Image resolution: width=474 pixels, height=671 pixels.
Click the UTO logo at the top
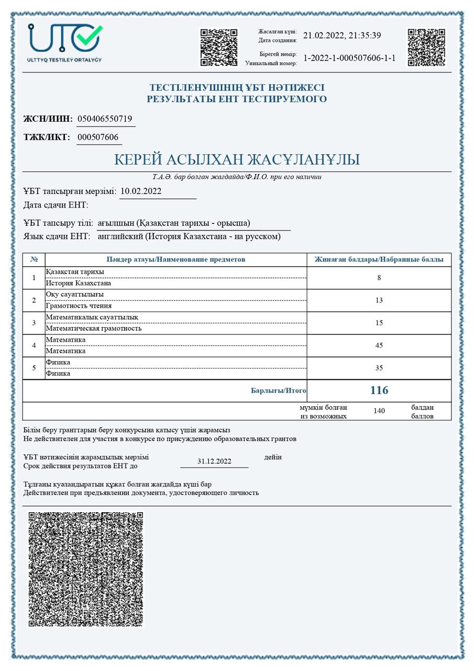pyautogui.click(x=65, y=42)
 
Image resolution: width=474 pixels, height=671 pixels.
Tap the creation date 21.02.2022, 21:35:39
pyautogui.click(x=341, y=36)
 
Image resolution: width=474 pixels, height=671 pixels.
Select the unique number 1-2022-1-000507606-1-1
pyautogui.click(x=349, y=58)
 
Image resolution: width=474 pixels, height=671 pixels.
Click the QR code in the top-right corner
pyautogui.click(x=426, y=47)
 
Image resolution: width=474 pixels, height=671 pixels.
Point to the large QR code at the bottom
pyautogui.click(x=86, y=569)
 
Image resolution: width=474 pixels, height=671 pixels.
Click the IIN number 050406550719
pyautogui.click(x=105, y=119)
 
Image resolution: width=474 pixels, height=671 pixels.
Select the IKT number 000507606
pyautogui.click(x=98, y=137)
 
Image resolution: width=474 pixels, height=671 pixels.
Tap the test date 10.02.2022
pyautogui.click(x=141, y=191)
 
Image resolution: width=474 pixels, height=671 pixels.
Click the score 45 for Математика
pyautogui.click(x=379, y=345)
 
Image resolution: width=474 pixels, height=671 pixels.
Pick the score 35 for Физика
pyautogui.click(x=379, y=368)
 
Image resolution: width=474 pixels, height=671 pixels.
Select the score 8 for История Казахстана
pyautogui.click(x=379, y=278)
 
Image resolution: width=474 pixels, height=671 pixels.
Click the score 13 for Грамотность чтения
pyautogui.click(x=379, y=300)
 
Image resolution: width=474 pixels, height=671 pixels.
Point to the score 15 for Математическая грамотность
pyautogui.click(x=379, y=323)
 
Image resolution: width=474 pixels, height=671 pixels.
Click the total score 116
pyautogui.click(x=379, y=391)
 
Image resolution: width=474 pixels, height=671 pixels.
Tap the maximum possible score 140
pyautogui.click(x=379, y=411)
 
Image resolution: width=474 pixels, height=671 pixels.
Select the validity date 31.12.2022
pyautogui.click(x=214, y=461)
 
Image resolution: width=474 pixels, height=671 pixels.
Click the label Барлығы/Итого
pyautogui.click(x=279, y=391)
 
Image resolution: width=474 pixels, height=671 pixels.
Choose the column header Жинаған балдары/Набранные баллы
pyautogui.click(x=379, y=259)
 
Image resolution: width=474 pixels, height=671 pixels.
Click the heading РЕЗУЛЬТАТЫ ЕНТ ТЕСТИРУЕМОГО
pyautogui.click(x=237, y=99)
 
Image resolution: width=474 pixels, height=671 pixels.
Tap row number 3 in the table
pyautogui.click(x=34, y=323)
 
